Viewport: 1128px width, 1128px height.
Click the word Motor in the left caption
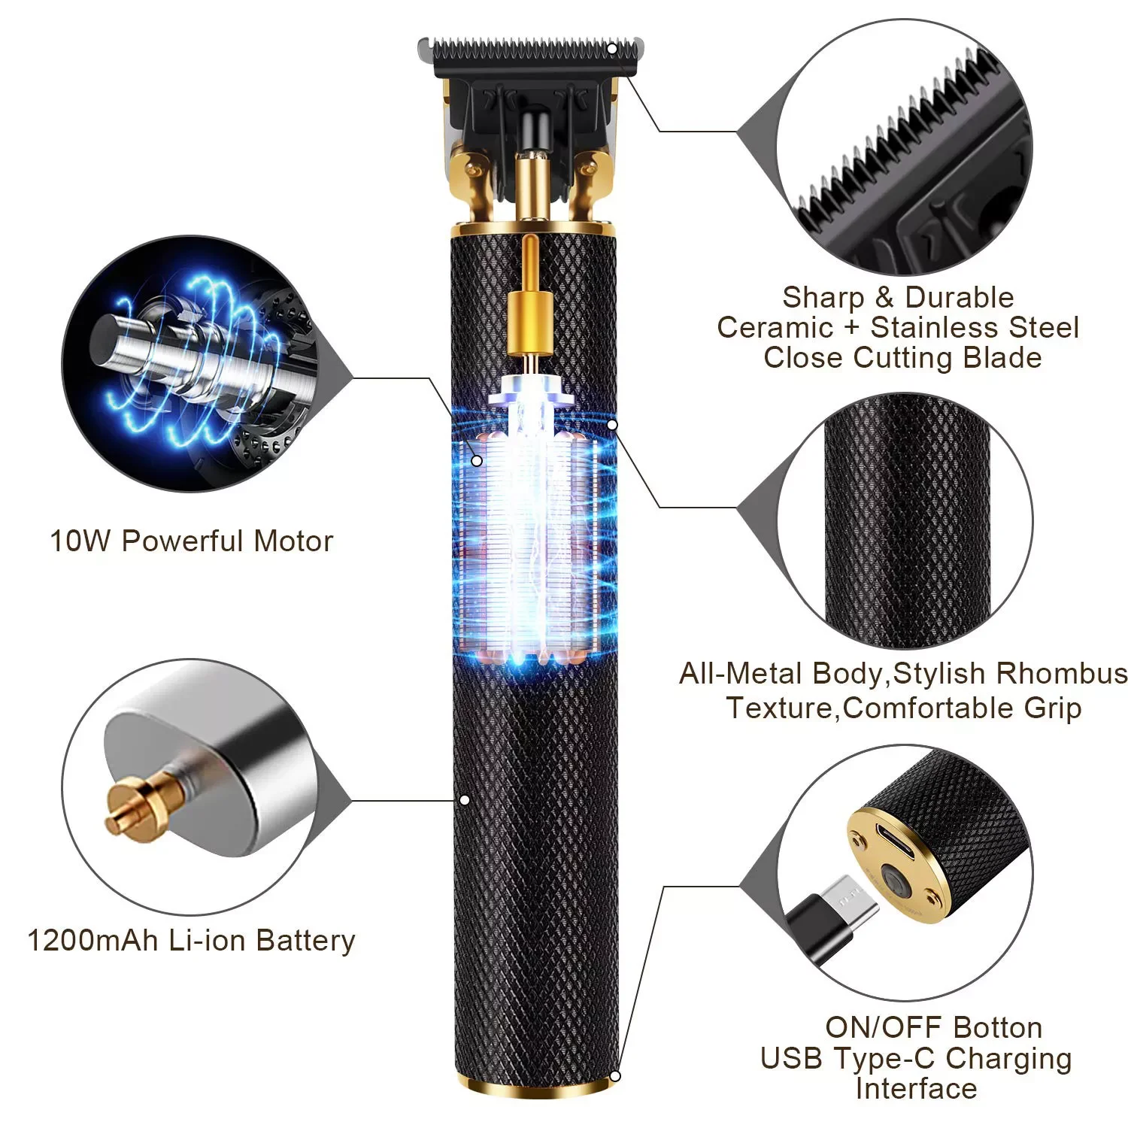pos(293,541)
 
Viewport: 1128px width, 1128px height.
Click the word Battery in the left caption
pos(305,941)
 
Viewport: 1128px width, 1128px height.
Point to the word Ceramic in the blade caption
pos(775,328)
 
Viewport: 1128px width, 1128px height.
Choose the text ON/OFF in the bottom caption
pos(874,1027)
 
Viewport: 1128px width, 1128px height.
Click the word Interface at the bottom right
pos(916,1088)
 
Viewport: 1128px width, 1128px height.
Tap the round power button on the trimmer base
pos(893,881)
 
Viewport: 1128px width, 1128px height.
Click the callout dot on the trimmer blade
pos(612,49)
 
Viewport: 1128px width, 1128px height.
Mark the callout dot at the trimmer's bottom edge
pos(615,1076)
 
